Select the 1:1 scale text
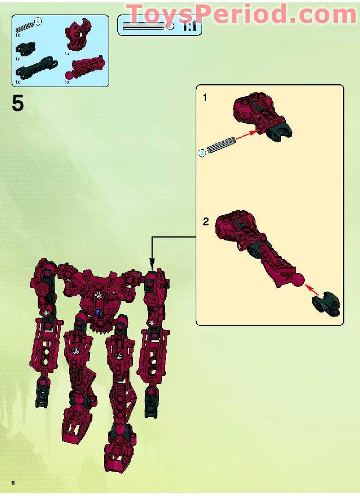[189, 26]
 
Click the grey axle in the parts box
[26, 26]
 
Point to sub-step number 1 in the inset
[204, 98]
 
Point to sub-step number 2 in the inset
[205, 222]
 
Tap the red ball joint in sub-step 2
[298, 281]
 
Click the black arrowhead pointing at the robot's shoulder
[151, 261]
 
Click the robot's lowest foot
[117, 457]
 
